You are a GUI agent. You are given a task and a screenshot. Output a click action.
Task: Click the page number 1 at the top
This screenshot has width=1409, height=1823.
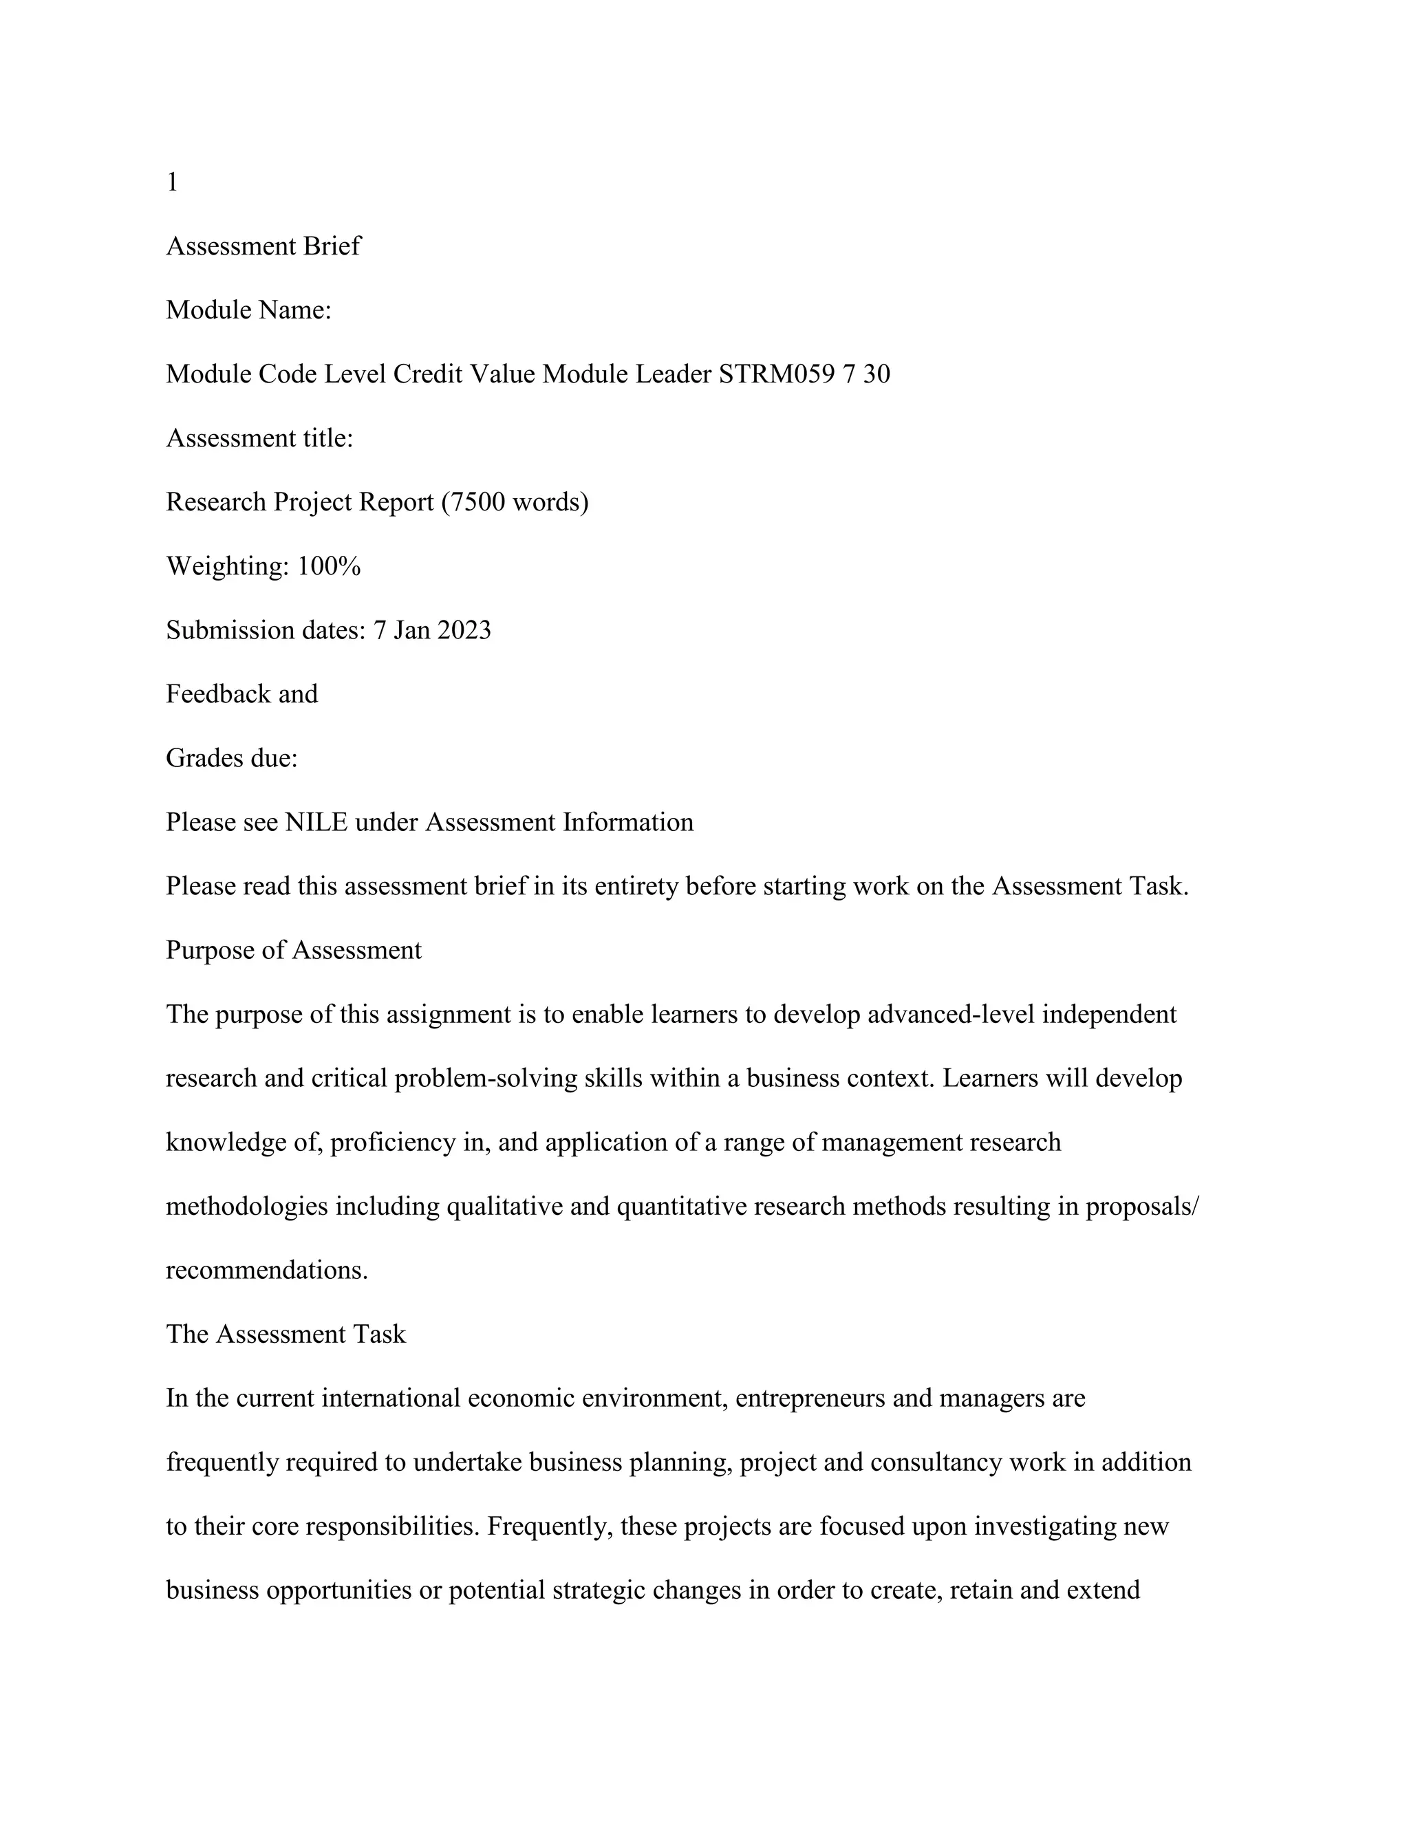(x=172, y=182)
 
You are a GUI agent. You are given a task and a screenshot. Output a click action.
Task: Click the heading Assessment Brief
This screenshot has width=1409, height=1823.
(x=263, y=246)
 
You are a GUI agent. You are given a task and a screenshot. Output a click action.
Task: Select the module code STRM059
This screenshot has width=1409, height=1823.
(x=776, y=374)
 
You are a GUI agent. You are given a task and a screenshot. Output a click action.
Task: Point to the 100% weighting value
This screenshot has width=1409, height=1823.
(x=329, y=566)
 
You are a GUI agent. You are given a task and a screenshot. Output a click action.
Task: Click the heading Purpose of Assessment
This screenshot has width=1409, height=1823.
(x=294, y=950)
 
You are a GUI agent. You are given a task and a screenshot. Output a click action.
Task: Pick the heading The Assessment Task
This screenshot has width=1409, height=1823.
(x=286, y=1334)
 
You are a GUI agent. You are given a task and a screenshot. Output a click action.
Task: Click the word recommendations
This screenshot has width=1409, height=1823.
(x=266, y=1271)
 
